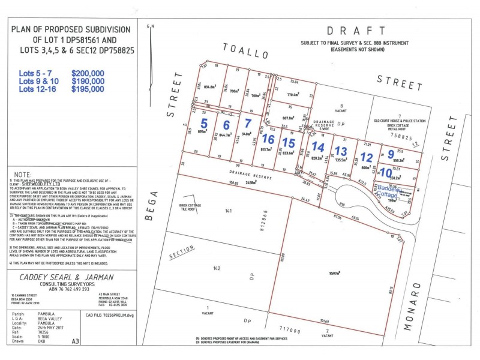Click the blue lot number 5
[x=204, y=124]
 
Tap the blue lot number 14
[x=318, y=147]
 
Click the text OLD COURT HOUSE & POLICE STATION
[x=399, y=121]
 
